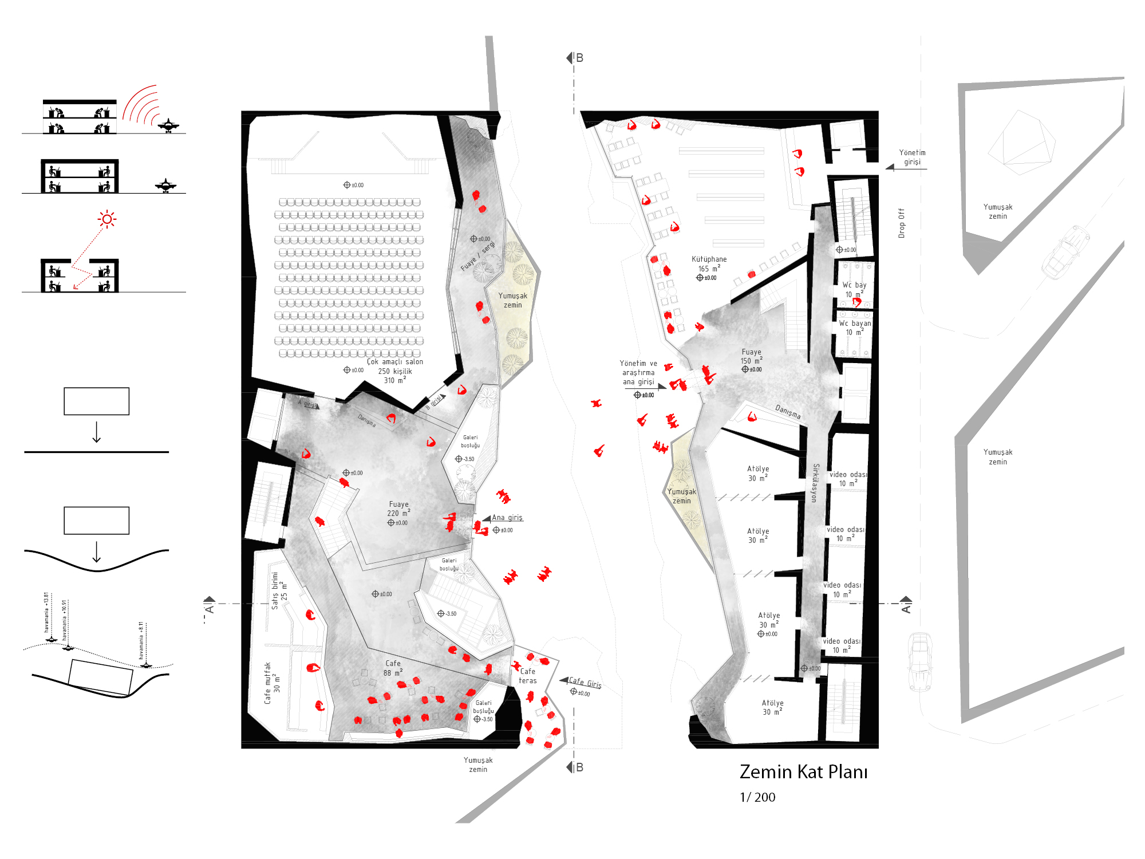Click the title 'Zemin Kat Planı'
(803, 772)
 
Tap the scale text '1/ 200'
(757, 797)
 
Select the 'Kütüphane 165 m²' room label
(709, 264)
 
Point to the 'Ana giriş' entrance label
(507, 518)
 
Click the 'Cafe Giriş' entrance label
(585, 683)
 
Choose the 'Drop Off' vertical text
(902, 223)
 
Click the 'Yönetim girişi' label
(912, 157)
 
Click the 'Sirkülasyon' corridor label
(815, 483)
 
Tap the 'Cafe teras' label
(528, 676)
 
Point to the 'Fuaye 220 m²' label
(398, 509)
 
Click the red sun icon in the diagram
(107, 219)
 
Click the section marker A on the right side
(906, 605)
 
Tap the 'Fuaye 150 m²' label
(752, 356)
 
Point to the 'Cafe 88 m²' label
(393, 668)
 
